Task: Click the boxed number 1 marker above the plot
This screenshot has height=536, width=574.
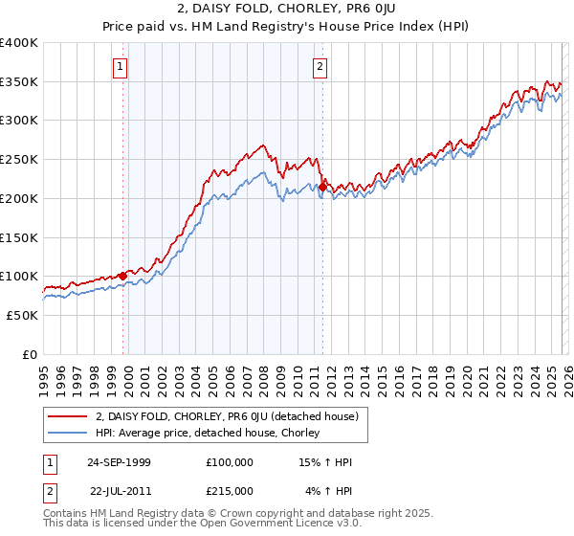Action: coord(121,67)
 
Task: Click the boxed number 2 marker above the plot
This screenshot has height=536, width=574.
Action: coord(319,67)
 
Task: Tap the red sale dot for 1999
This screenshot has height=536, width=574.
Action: coord(122,276)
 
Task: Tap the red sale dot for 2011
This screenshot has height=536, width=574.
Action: coord(322,187)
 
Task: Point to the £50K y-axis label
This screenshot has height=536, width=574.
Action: coord(21,315)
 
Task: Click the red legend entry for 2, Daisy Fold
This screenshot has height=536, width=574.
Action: coord(227,416)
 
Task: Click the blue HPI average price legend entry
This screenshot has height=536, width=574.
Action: coord(212,434)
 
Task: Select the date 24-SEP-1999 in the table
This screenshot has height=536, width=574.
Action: coord(123,462)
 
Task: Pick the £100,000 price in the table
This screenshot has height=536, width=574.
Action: coord(230,462)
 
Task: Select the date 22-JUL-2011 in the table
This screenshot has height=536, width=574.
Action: coord(123,491)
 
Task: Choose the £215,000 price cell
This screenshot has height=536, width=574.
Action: coord(230,491)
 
